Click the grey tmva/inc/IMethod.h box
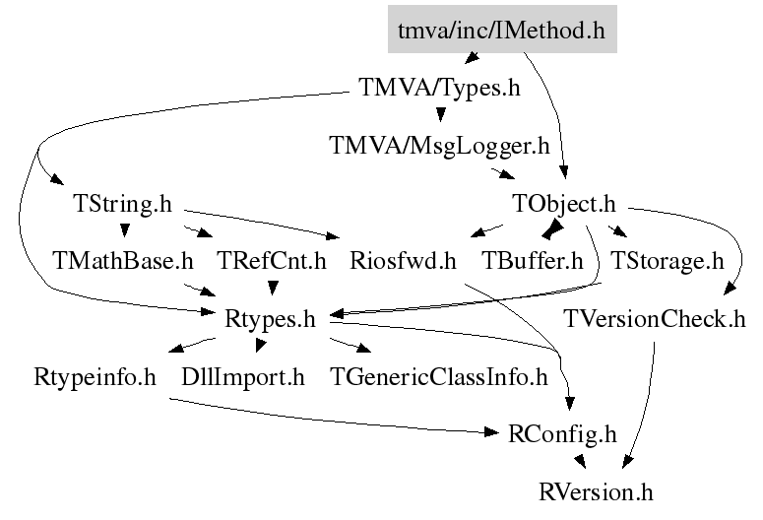point(501,32)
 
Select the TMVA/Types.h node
point(436,88)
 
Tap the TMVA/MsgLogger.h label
point(438,147)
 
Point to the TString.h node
point(122,205)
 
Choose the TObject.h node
point(563,205)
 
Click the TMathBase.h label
point(123,262)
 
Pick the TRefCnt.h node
point(272,262)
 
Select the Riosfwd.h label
point(404,262)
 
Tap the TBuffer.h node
point(532,262)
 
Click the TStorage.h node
point(667,262)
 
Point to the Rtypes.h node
point(270,319)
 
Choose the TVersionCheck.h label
point(655,319)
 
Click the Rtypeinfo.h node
point(95,376)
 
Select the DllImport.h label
point(243,376)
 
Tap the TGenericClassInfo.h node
point(438,376)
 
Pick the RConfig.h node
point(563,433)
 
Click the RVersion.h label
point(597,490)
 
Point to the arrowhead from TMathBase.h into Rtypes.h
point(208,293)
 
